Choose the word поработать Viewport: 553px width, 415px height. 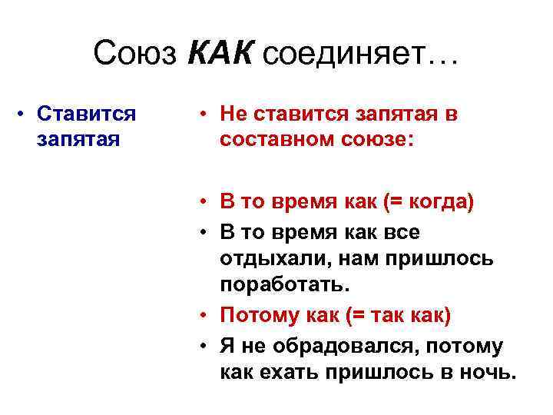[x=285, y=285]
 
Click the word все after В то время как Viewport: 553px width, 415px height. [x=402, y=231]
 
